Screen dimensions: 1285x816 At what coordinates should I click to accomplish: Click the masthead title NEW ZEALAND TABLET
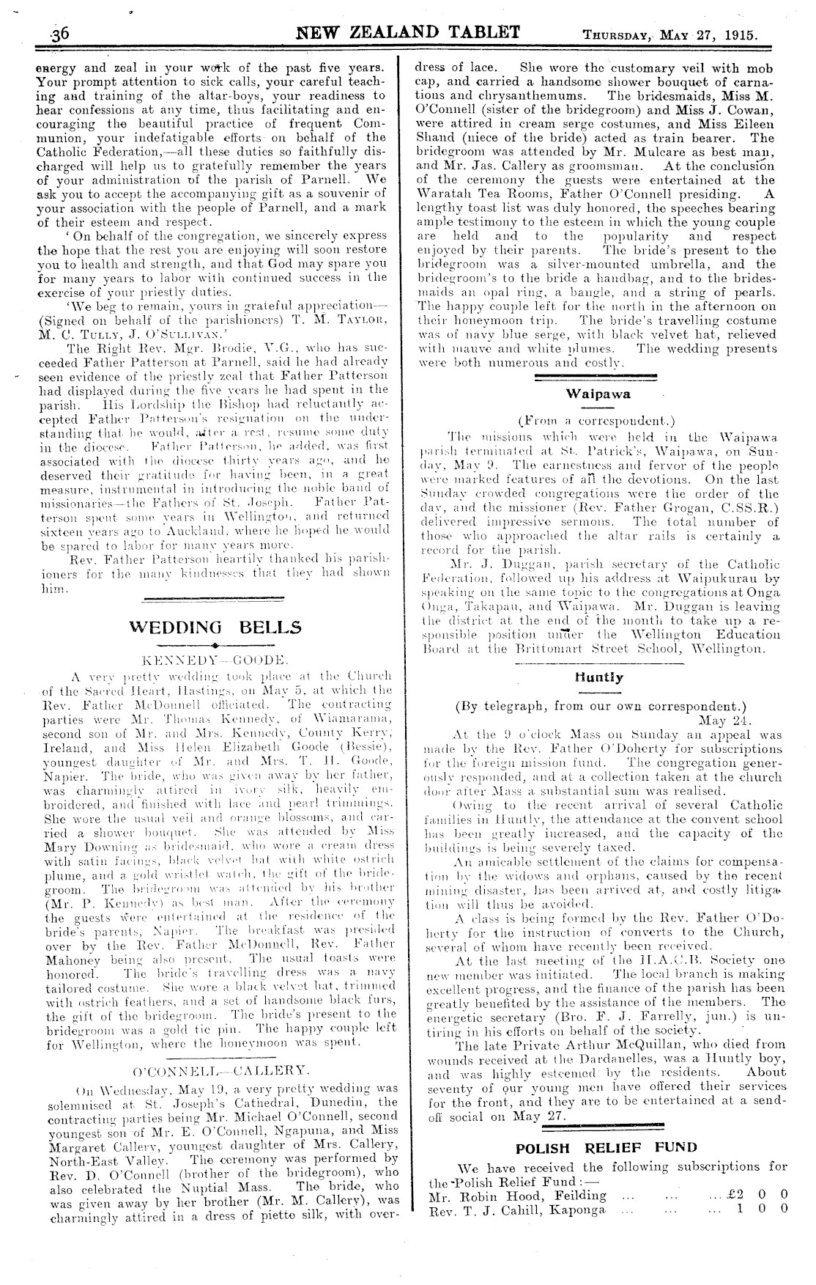click(x=408, y=32)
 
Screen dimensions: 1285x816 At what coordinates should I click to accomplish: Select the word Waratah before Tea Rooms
click(x=454, y=194)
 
